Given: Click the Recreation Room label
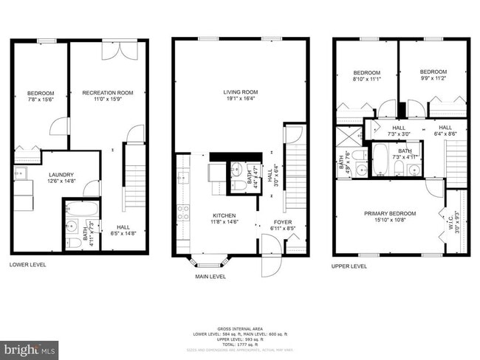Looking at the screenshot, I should [x=107, y=92].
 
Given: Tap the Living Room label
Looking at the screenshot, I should [x=241, y=92].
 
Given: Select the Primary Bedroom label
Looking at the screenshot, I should [x=390, y=214].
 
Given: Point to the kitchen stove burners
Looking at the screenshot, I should [x=183, y=214].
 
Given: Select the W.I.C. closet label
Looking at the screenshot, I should [x=450, y=221].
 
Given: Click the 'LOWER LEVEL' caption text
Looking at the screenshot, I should [x=29, y=263].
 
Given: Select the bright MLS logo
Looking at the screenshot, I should [x=30, y=347].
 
